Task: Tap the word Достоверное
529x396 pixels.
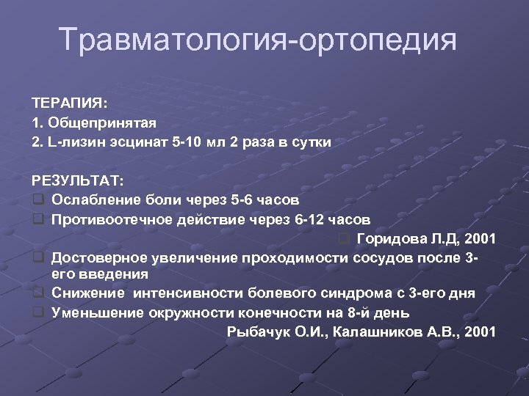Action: click(101, 257)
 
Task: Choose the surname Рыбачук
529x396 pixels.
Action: click(253, 331)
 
